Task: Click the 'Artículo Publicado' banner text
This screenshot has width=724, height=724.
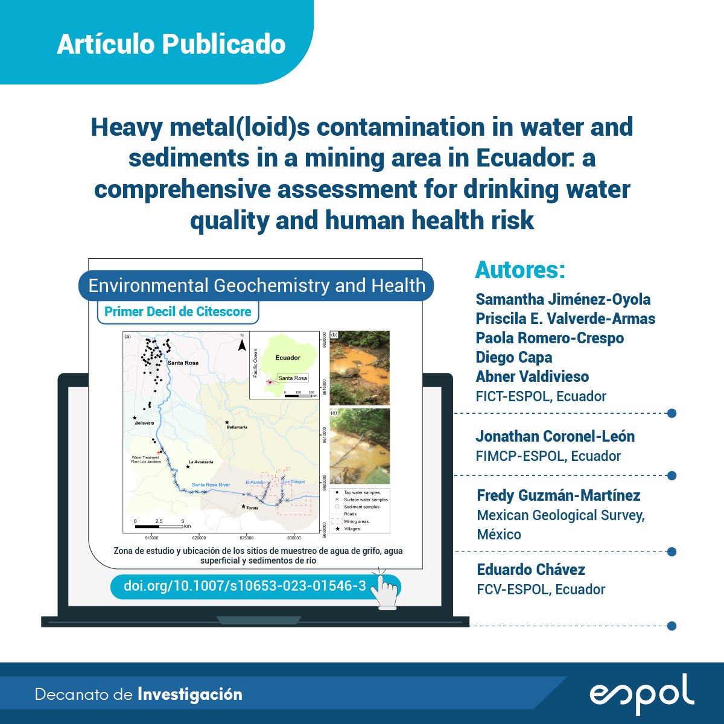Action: pyautogui.click(x=171, y=45)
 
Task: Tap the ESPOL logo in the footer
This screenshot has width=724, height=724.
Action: pyautogui.click(x=641, y=694)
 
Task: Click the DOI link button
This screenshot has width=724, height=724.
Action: pyautogui.click(x=245, y=586)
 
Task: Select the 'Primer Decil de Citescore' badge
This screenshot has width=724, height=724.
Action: pyautogui.click(x=178, y=312)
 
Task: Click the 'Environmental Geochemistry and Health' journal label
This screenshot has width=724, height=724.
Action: pyautogui.click(x=256, y=285)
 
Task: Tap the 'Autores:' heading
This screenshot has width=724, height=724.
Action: pyautogui.click(x=520, y=270)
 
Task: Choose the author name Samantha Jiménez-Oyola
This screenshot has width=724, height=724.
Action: pyautogui.click(x=563, y=299)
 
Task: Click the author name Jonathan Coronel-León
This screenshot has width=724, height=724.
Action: pyautogui.click(x=555, y=436)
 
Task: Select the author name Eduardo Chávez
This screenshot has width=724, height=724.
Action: pyautogui.click(x=531, y=570)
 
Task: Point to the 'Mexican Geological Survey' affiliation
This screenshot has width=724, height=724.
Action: pyautogui.click(x=560, y=515)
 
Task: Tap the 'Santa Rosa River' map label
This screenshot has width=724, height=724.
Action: pyautogui.click(x=211, y=485)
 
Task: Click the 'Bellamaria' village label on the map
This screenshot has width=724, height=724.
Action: pyautogui.click(x=237, y=427)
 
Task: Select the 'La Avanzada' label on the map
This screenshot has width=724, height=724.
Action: pyautogui.click(x=201, y=462)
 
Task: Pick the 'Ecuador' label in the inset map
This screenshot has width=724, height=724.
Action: pyautogui.click(x=288, y=358)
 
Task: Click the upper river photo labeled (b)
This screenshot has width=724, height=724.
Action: pyautogui.click(x=360, y=367)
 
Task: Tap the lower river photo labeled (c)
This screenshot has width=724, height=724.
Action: pyautogui.click(x=360, y=446)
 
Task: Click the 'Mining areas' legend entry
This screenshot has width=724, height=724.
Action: pyautogui.click(x=356, y=521)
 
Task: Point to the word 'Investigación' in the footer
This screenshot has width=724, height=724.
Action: pyautogui.click(x=190, y=694)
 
